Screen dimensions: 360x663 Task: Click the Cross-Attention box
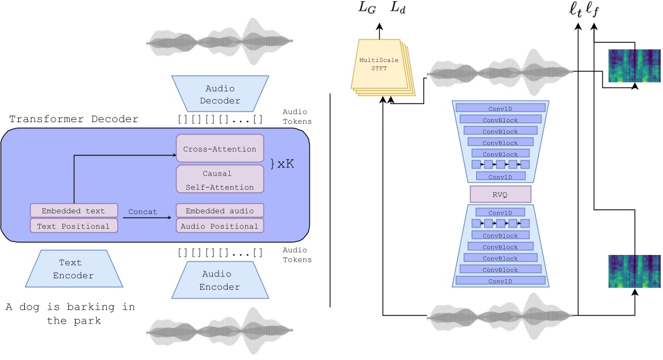[220, 149]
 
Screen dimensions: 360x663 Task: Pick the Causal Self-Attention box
[220, 179]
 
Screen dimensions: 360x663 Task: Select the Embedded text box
[74, 211]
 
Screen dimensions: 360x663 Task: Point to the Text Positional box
[74, 225]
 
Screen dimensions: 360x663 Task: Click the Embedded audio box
[220, 211]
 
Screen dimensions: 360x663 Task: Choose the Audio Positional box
[220, 225]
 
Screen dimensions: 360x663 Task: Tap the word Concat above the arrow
[142, 211]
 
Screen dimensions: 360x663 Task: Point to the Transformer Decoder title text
[74, 119]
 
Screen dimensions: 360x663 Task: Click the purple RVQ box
[500, 194]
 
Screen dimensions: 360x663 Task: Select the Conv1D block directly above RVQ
[500, 176]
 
